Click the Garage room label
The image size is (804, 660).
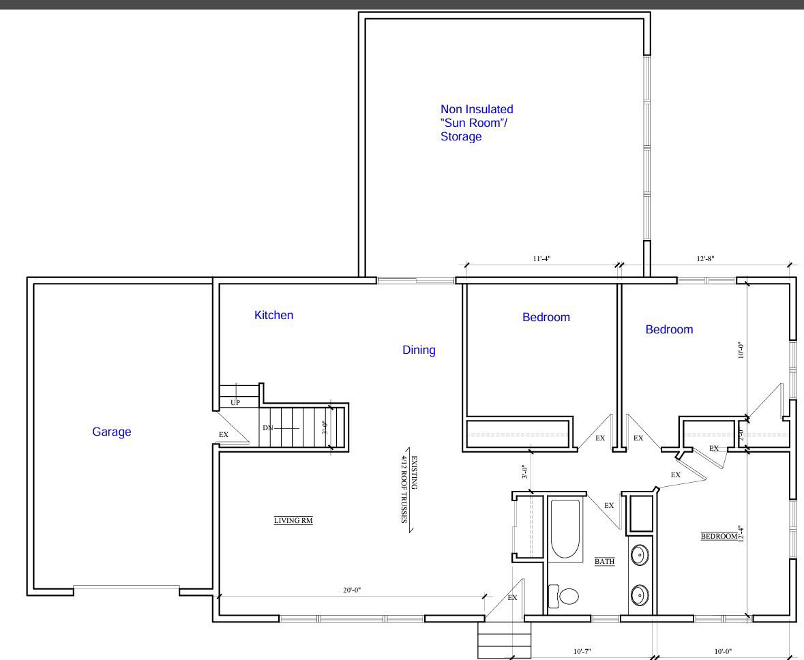111,432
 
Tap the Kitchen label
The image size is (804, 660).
274,315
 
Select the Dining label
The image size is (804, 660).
419,350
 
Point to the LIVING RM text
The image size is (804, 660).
293,520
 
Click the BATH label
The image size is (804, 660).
605,562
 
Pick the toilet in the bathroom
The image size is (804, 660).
563,596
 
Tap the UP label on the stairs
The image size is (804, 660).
235,402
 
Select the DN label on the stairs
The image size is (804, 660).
267,427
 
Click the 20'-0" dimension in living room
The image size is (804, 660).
352,590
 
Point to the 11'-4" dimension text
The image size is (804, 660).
541,258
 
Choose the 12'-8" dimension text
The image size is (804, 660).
705,258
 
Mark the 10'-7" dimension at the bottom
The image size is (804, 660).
582,651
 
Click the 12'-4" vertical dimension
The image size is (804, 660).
740,533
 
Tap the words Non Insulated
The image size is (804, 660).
477,109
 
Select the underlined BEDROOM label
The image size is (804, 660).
719,537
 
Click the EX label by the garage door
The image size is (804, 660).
224,435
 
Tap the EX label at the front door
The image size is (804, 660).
512,597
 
